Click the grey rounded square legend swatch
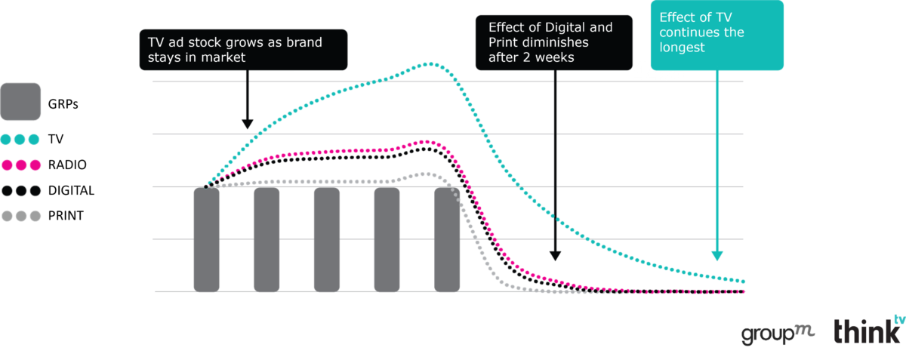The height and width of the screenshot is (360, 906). click(20, 102)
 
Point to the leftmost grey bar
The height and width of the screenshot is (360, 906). click(206, 239)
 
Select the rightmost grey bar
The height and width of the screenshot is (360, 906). click(447, 239)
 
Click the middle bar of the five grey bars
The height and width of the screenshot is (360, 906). click(327, 239)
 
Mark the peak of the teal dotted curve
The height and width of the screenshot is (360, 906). click(432, 64)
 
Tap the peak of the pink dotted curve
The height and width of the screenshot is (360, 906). click(427, 141)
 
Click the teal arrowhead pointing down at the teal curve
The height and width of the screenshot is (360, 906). click(716, 255)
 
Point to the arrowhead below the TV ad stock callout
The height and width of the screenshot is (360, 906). click(247, 125)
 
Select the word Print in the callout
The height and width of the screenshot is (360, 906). click(504, 42)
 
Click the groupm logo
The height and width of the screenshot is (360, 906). click(777, 332)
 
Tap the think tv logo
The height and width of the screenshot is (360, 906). click(868, 331)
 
